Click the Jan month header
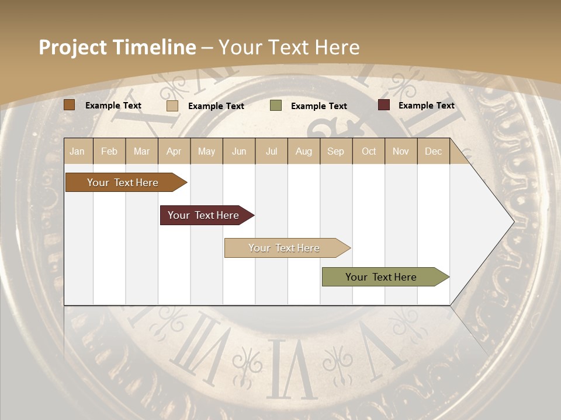coord(77,151)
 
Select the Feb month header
coord(109,151)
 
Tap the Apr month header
coord(174,151)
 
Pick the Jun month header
coord(239,151)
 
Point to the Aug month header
coord(303,151)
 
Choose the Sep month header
coord(335,151)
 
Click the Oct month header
coord(369,151)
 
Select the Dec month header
coord(433,151)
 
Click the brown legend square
coord(70,105)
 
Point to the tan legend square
coord(172,106)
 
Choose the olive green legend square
coord(276,106)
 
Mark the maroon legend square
coord(384,105)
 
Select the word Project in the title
coord(73,47)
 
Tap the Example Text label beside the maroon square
coord(426,106)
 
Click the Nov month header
coord(401,151)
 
